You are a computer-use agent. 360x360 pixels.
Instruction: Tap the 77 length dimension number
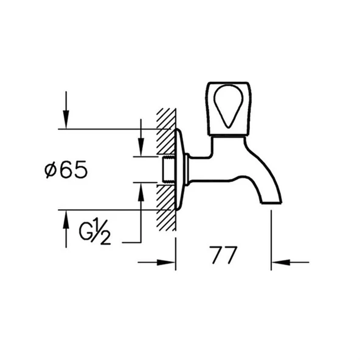(223, 255)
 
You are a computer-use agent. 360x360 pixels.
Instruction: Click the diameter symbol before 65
(52, 171)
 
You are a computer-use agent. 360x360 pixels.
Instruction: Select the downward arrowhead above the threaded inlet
(140, 149)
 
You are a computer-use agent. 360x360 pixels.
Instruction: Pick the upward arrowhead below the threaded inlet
(140, 190)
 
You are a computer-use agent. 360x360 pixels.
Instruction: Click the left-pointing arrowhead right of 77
(279, 263)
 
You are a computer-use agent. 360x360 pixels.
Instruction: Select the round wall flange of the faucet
(180, 169)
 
